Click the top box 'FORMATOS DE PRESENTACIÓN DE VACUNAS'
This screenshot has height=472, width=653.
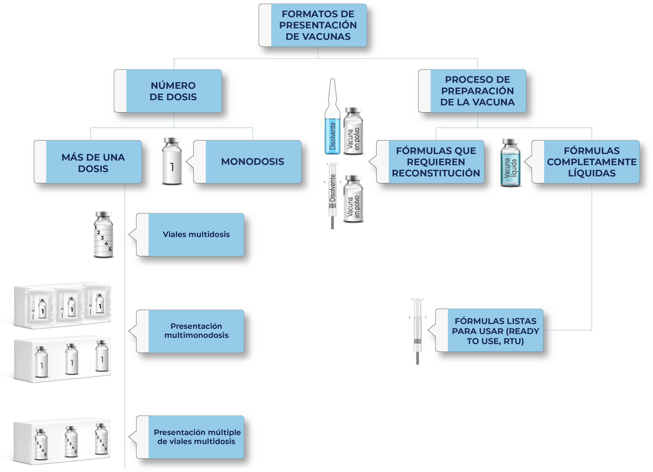click(x=318, y=25)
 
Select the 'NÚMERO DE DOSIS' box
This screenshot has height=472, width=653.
click(x=173, y=91)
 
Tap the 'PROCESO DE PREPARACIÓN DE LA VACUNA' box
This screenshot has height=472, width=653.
click(x=477, y=91)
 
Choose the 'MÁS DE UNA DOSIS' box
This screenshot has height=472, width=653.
click(x=93, y=162)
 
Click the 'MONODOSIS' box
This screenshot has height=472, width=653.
click(x=252, y=162)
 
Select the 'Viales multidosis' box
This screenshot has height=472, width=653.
click(x=196, y=235)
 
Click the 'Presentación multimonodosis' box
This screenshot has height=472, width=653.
click(x=196, y=331)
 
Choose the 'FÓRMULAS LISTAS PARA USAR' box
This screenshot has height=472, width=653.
click(x=495, y=331)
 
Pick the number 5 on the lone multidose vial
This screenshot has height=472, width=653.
click(x=110, y=249)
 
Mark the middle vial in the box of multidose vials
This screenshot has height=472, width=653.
click(x=71, y=442)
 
